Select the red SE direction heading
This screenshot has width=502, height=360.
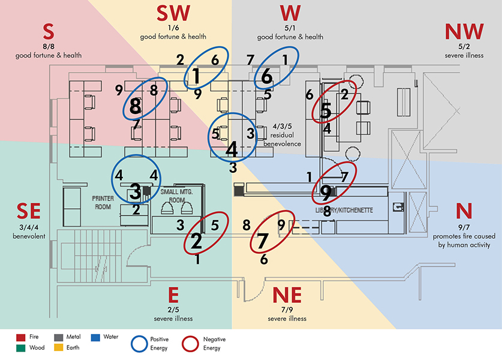29,211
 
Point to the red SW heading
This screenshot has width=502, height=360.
173,13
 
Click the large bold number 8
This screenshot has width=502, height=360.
135,107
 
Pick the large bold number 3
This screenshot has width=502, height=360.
136,191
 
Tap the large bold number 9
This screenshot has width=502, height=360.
325,193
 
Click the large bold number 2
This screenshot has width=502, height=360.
197,241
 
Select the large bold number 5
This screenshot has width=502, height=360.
326,110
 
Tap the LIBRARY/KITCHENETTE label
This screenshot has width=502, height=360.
345,211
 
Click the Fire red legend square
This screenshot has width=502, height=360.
20,338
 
